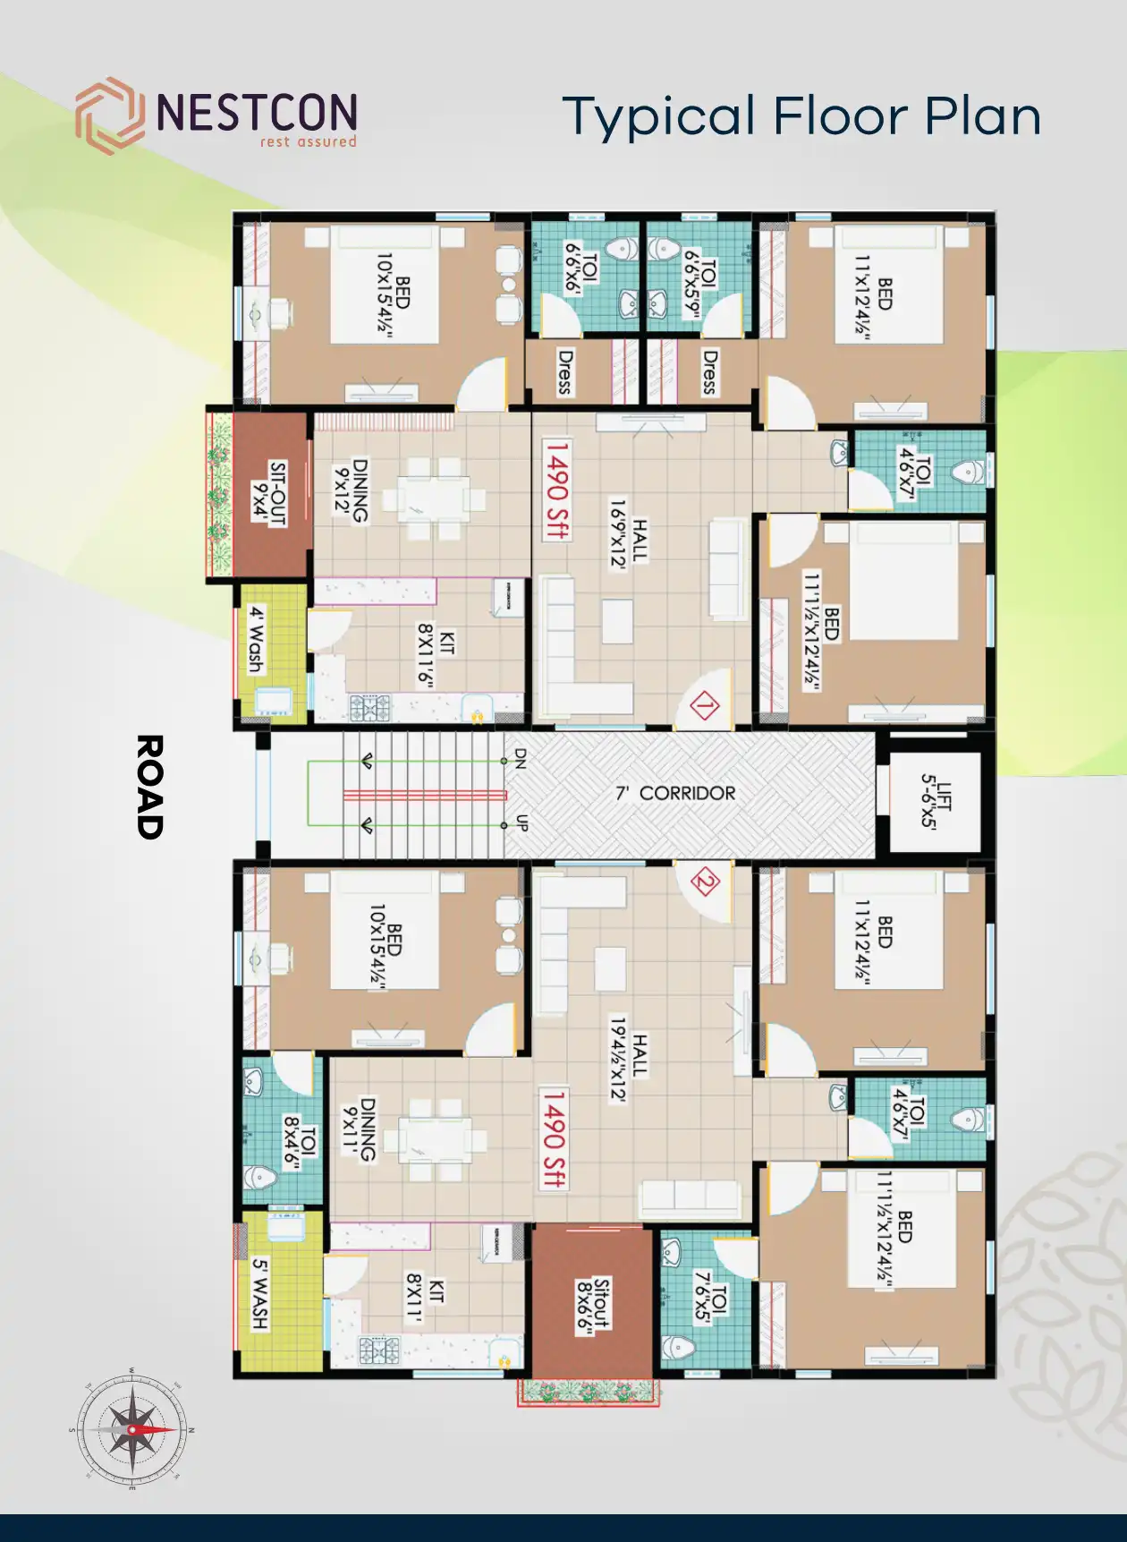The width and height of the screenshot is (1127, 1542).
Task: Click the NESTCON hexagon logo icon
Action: pyautogui.click(x=109, y=115)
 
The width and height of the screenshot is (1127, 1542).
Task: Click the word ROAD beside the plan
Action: pyautogui.click(x=149, y=787)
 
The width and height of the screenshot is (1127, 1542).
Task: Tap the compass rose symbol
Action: pyautogui.click(x=131, y=1429)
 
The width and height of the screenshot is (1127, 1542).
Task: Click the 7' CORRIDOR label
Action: pyautogui.click(x=675, y=793)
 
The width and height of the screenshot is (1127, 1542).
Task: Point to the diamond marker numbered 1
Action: pyautogui.click(x=705, y=707)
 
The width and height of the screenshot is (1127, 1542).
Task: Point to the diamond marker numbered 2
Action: pyautogui.click(x=705, y=883)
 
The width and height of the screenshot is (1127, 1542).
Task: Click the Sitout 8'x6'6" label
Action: pyautogui.click(x=593, y=1306)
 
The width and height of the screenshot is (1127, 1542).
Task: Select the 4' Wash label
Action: pyautogui.click(x=257, y=639)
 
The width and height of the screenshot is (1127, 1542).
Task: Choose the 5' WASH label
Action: pyautogui.click(x=259, y=1293)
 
